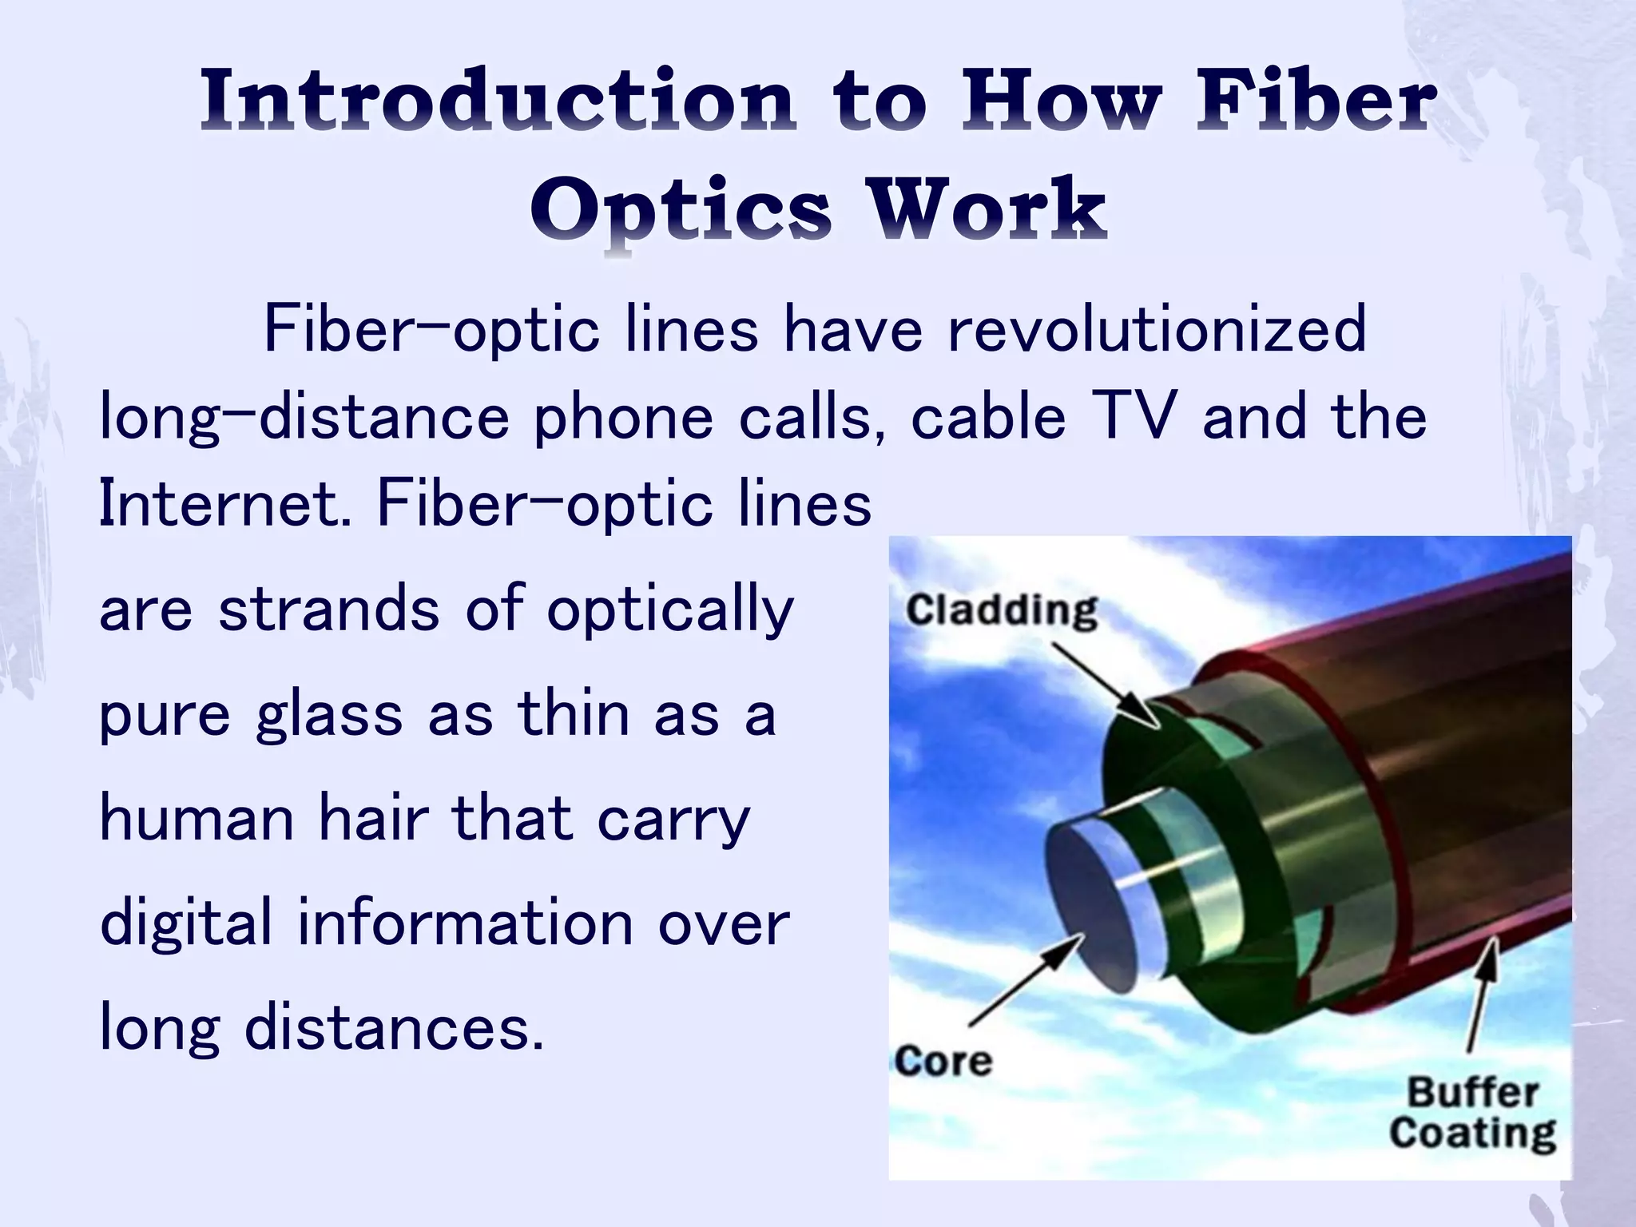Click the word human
coord(197,819)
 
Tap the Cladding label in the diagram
coord(1002,611)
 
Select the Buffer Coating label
coord(1472,1113)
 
